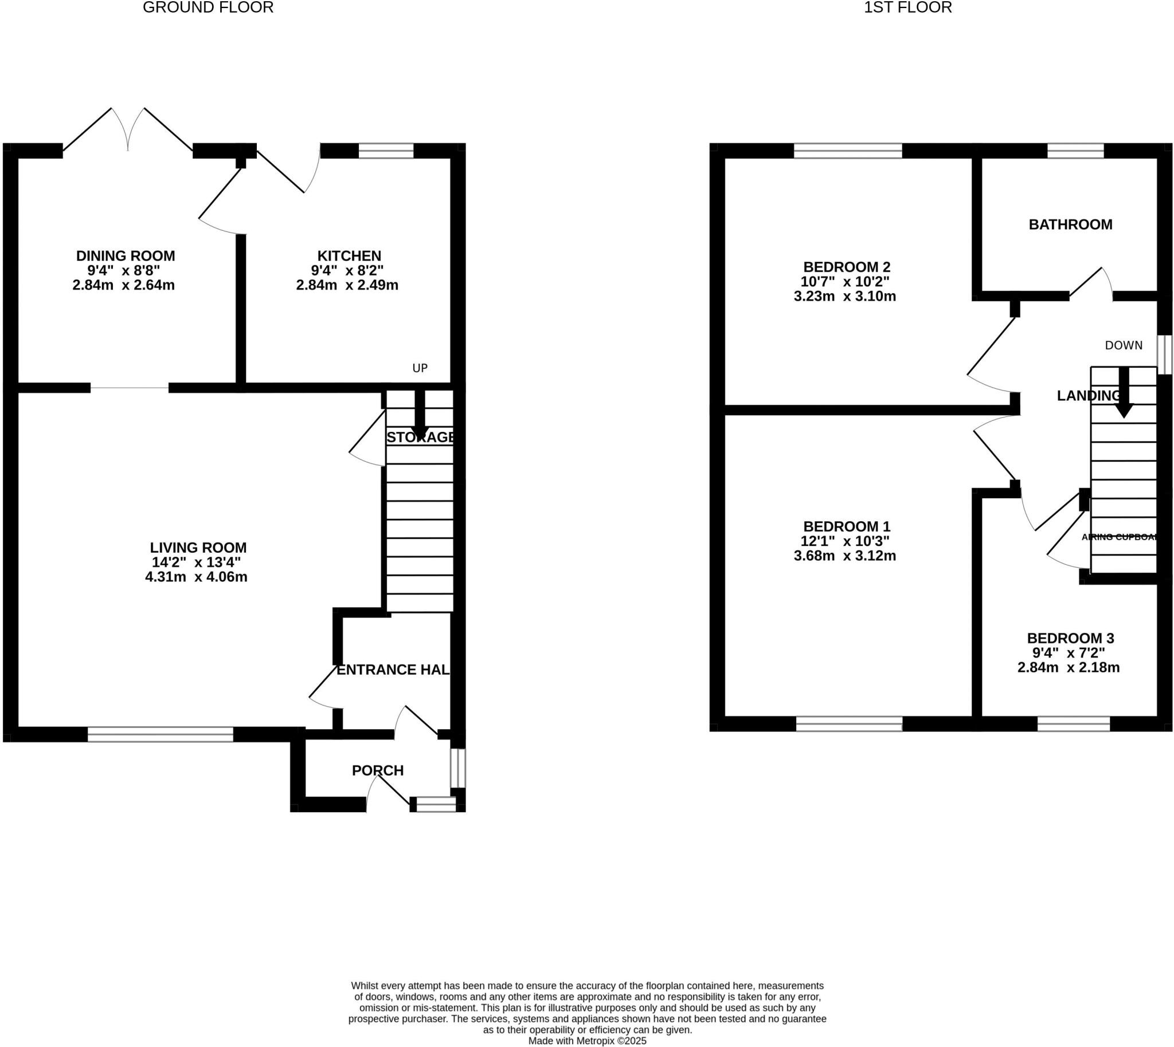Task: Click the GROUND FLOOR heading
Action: click(x=208, y=7)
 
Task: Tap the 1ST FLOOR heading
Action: click(x=907, y=7)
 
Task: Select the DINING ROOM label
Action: click(x=126, y=255)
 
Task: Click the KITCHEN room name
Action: click(x=349, y=255)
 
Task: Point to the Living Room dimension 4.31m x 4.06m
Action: click(x=197, y=577)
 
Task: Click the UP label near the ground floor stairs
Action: click(x=420, y=368)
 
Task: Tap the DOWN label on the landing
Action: click(x=1124, y=345)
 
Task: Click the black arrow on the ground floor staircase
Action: click(x=419, y=418)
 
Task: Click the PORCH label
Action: click(x=378, y=770)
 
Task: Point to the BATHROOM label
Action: click(x=1070, y=225)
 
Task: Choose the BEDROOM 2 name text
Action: click(x=846, y=267)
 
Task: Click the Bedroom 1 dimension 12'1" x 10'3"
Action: click(x=844, y=541)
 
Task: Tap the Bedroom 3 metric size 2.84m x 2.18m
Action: click(x=1068, y=668)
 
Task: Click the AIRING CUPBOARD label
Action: click(x=1119, y=537)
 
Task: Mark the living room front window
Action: click(x=160, y=734)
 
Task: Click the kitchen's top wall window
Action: click(x=386, y=151)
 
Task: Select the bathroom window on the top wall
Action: click(x=1075, y=151)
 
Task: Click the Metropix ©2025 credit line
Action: click(x=588, y=1041)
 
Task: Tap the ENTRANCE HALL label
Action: click(x=392, y=670)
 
